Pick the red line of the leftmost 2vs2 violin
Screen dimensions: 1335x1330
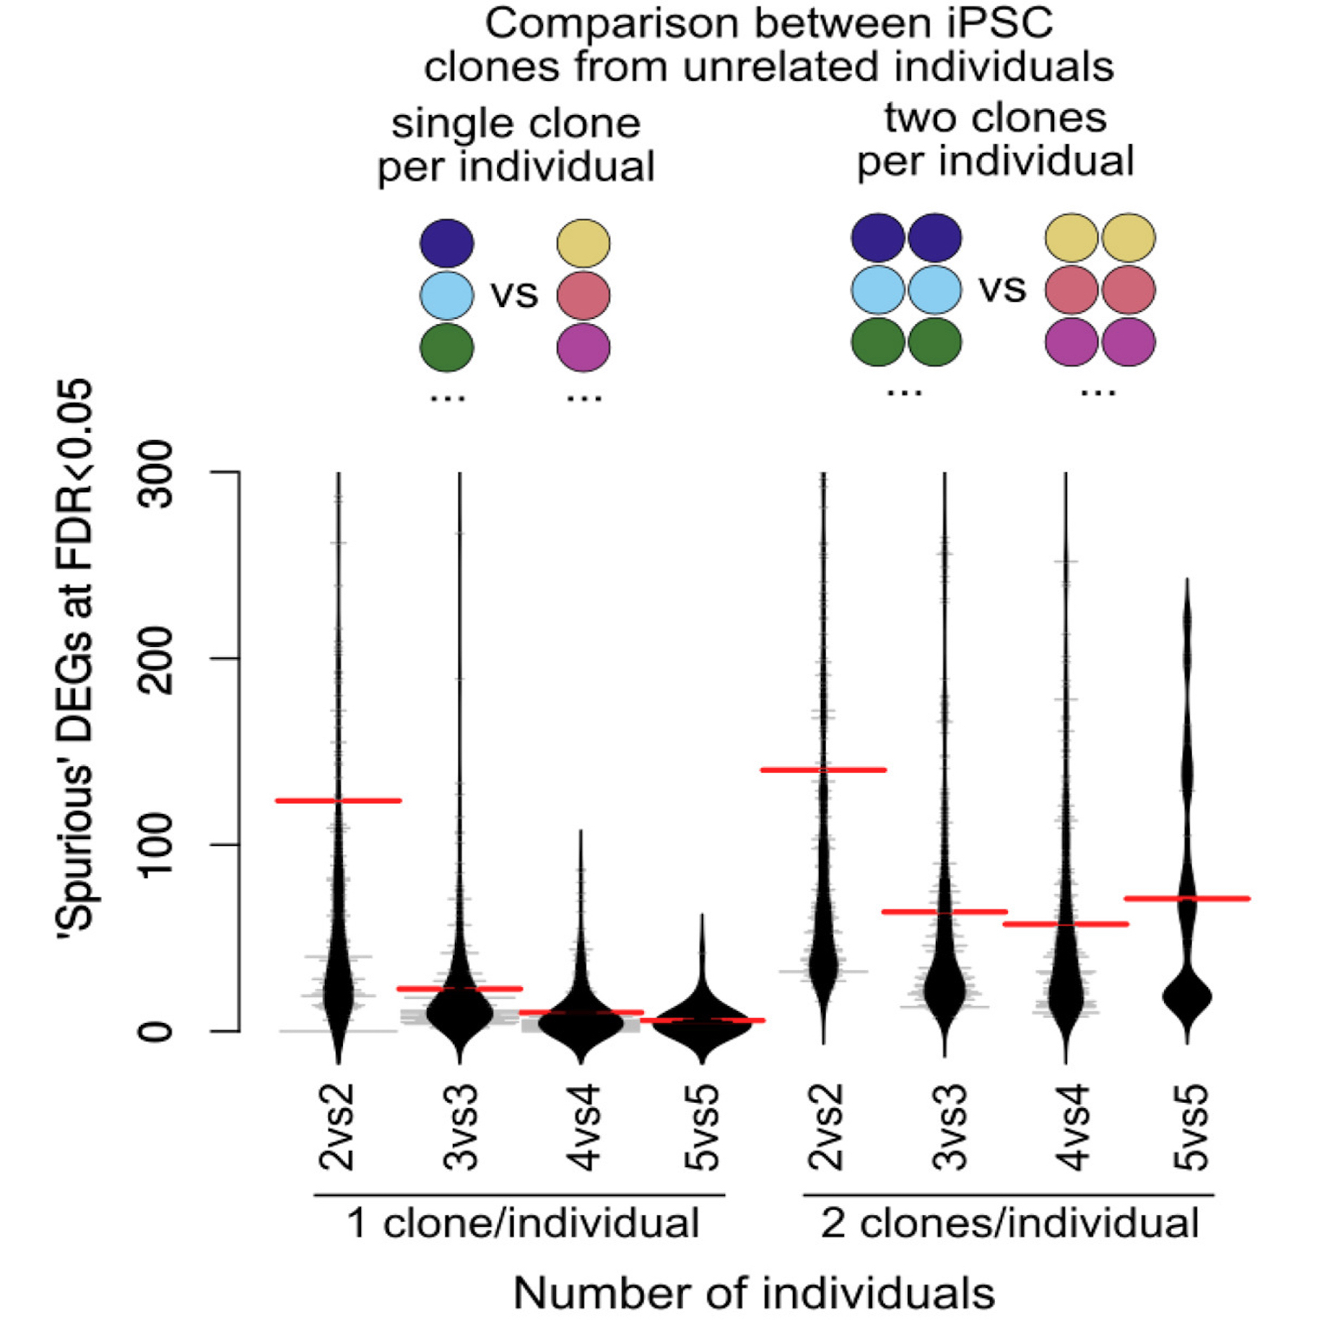click(x=338, y=801)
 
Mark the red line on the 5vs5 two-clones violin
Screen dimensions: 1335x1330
click(x=1187, y=898)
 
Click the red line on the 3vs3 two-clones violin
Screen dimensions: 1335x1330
click(x=945, y=911)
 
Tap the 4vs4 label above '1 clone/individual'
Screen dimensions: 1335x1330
click(x=582, y=1128)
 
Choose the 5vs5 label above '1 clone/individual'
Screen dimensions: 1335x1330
click(x=702, y=1128)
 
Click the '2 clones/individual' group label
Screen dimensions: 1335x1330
click(x=1009, y=1223)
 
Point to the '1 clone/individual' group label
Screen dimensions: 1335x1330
click(x=523, y=1223)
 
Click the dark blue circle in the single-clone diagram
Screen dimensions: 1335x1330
click(x=447, y=243)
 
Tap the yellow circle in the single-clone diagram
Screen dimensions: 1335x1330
click(x=584, y=243)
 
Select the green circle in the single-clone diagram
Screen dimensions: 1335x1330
click(x=447, y=347)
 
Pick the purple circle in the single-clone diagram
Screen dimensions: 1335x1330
click(x=584, y=347)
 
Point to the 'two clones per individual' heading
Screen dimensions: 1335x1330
click(x=995, y=139)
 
